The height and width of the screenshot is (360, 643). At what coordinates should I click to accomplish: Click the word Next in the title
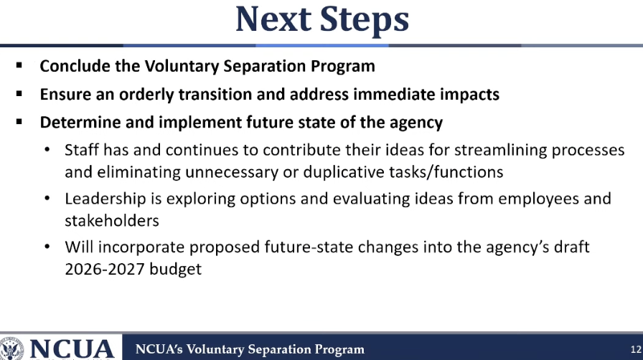(273, 19)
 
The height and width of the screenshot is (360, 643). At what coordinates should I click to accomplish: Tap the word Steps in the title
(364, 21)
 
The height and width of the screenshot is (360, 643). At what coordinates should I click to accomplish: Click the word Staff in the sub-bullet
(82, 150)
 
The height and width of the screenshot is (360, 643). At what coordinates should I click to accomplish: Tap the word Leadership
(105, 199)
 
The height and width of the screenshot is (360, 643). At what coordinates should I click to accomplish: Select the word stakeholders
(112, 221)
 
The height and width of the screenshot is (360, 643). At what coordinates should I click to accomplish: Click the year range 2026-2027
(105, 270)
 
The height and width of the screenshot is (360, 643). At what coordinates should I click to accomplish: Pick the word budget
(176, 270)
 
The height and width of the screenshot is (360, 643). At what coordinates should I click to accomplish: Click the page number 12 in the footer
(636, 349)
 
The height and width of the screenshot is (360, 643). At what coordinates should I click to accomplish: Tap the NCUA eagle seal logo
(11, 349)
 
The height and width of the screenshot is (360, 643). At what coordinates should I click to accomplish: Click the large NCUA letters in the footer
(72, 350)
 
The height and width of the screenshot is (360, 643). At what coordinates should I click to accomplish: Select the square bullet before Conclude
(19, 65)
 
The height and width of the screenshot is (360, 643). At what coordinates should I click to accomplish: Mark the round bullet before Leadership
(47, 199)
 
